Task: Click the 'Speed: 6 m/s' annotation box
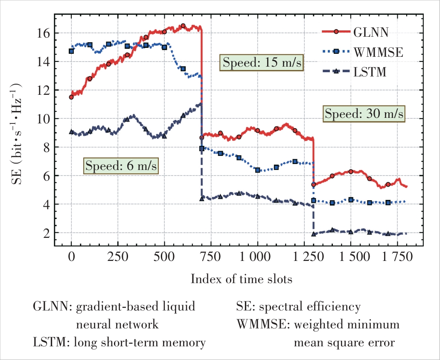[x=121, y=166]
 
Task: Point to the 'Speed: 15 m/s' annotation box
[x=262, y=63]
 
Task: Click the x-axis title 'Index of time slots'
[x=241, y=280]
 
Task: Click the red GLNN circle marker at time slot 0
[x=71, y=97]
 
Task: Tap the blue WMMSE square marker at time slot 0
[x=71, y=51]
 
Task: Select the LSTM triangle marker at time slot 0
[x=71, y=132]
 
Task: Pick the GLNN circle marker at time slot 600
[x=183, y=26]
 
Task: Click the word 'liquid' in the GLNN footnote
[x=179, y=307]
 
